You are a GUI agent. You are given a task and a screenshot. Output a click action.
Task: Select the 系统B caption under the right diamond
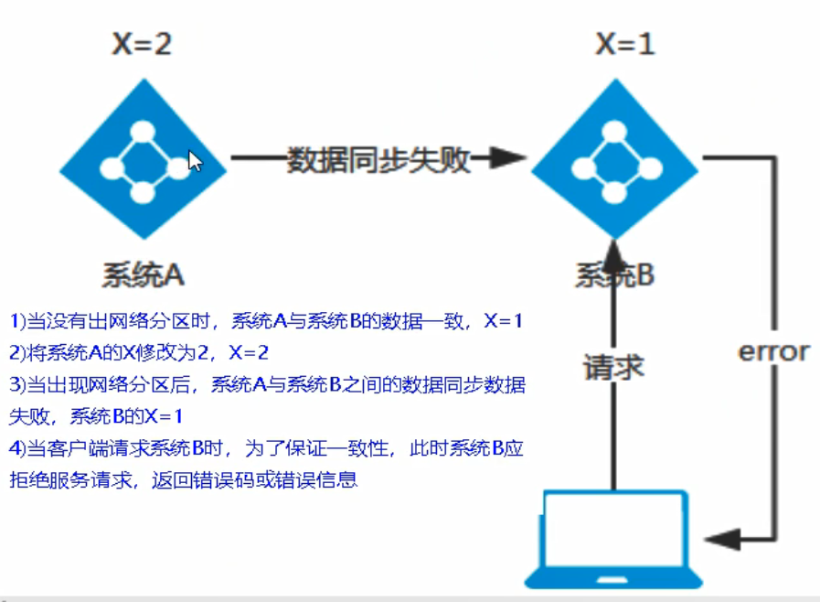(615, 275)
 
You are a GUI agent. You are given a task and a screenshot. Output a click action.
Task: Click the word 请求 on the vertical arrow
(614, 367)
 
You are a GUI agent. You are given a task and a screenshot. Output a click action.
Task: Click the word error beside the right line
(773, 351)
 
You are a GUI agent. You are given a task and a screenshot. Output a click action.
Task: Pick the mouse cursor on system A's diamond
(195, 161)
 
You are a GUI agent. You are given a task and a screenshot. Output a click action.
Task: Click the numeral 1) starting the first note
(18, 321)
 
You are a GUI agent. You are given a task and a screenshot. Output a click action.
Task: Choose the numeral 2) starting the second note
(18, 352)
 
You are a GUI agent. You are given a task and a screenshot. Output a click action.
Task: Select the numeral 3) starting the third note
(18, 385)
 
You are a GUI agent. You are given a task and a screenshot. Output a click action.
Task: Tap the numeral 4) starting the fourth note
(18, 449)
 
